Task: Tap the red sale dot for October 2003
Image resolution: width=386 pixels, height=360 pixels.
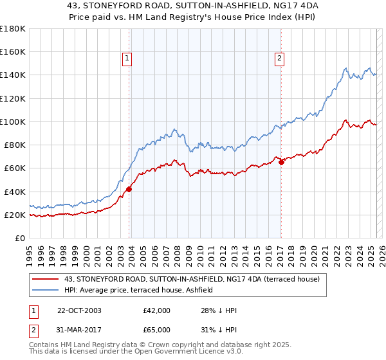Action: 129,189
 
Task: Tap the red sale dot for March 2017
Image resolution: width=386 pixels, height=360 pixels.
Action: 281,162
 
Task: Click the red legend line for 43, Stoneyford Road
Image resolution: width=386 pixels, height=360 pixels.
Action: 46,278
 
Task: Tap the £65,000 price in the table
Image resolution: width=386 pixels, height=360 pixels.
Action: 157,329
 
